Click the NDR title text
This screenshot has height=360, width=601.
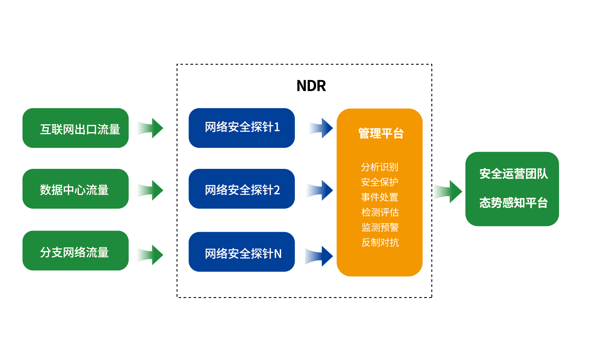pos(311,86)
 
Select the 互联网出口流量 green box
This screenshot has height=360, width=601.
pos(76,128)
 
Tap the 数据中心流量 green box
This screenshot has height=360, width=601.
pos(76,189)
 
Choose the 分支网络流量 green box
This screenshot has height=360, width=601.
pos(76,251)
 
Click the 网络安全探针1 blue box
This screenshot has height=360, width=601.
pos(242,128)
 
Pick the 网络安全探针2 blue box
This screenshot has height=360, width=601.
pos(242,189)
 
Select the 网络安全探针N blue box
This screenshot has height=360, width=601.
pos(242,252)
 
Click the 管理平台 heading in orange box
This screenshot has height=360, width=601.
pos(381,133)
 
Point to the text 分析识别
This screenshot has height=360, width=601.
pos(380,167)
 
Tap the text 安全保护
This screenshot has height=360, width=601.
pos(380,182)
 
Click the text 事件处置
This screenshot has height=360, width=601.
pos(380,197)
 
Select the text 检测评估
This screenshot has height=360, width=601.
pos(380,212)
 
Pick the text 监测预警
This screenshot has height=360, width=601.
pos(380,227)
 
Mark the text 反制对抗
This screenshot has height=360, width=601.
pos(380,242)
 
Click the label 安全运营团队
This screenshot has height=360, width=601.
pos(513,174)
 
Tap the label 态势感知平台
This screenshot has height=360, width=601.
pos(513,203)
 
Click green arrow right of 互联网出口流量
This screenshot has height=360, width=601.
pos(150,128)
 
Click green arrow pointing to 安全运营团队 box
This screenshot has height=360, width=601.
pos(447,191)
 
